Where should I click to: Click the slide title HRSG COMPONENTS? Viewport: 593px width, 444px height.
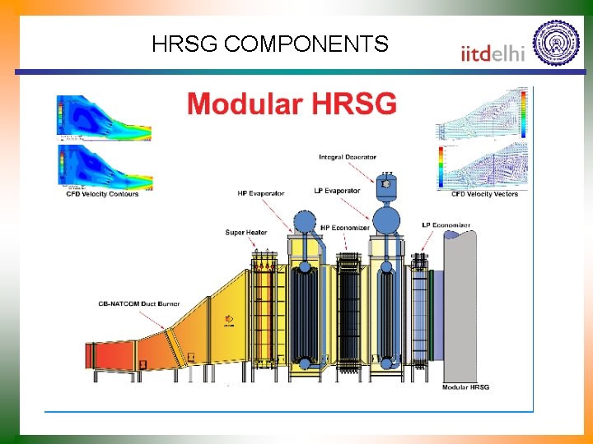(x=269, y=44)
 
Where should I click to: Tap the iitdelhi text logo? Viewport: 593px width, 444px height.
(x=492, y=53)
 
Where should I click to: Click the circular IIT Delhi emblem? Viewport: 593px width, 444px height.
(x=556, y=42)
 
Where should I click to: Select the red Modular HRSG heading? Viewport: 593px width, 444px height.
(x=292, y=104)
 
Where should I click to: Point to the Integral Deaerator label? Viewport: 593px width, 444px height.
(x=348, y=157)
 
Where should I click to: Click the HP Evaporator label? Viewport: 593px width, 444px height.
(x=260, y=193)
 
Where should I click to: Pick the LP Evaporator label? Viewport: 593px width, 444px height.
(x=338, y=191)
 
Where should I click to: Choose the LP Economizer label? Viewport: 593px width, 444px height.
(x=446, y=225)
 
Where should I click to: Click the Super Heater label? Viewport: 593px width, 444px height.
(x=246, y=233)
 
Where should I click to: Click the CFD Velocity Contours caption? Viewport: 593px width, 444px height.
(x=102, y=194)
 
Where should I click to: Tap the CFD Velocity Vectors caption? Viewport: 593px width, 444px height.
(x=484, y=194)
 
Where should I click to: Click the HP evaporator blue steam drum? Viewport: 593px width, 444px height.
(x=304, y=222)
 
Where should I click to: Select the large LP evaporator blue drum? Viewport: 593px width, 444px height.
(x=386, y=220)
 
